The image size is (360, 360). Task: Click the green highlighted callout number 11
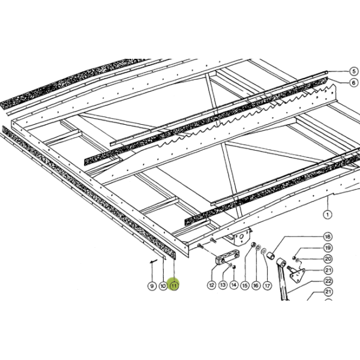pos(174,286)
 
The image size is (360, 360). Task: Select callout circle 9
pos(152,286)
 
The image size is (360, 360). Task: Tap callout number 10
pos(163,286)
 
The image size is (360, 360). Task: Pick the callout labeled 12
pos(211,285)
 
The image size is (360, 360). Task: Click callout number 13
pos(223,285)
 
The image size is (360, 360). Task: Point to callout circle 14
pos(233,285)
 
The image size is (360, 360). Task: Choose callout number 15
pos(245,286)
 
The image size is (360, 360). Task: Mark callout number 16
pos(256,286)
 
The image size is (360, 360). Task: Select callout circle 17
pos(267,286)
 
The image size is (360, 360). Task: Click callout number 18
pos(328,236)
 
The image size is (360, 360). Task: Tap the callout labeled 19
pos(328,248)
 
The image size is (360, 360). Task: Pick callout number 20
pos(328,259)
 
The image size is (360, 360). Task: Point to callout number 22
pos(328,281)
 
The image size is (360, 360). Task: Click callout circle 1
pos(328,215)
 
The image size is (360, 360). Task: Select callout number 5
pos(354,71)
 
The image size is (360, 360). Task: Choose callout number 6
pos(354,82)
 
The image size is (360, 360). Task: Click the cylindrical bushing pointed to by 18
pos(271,256)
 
